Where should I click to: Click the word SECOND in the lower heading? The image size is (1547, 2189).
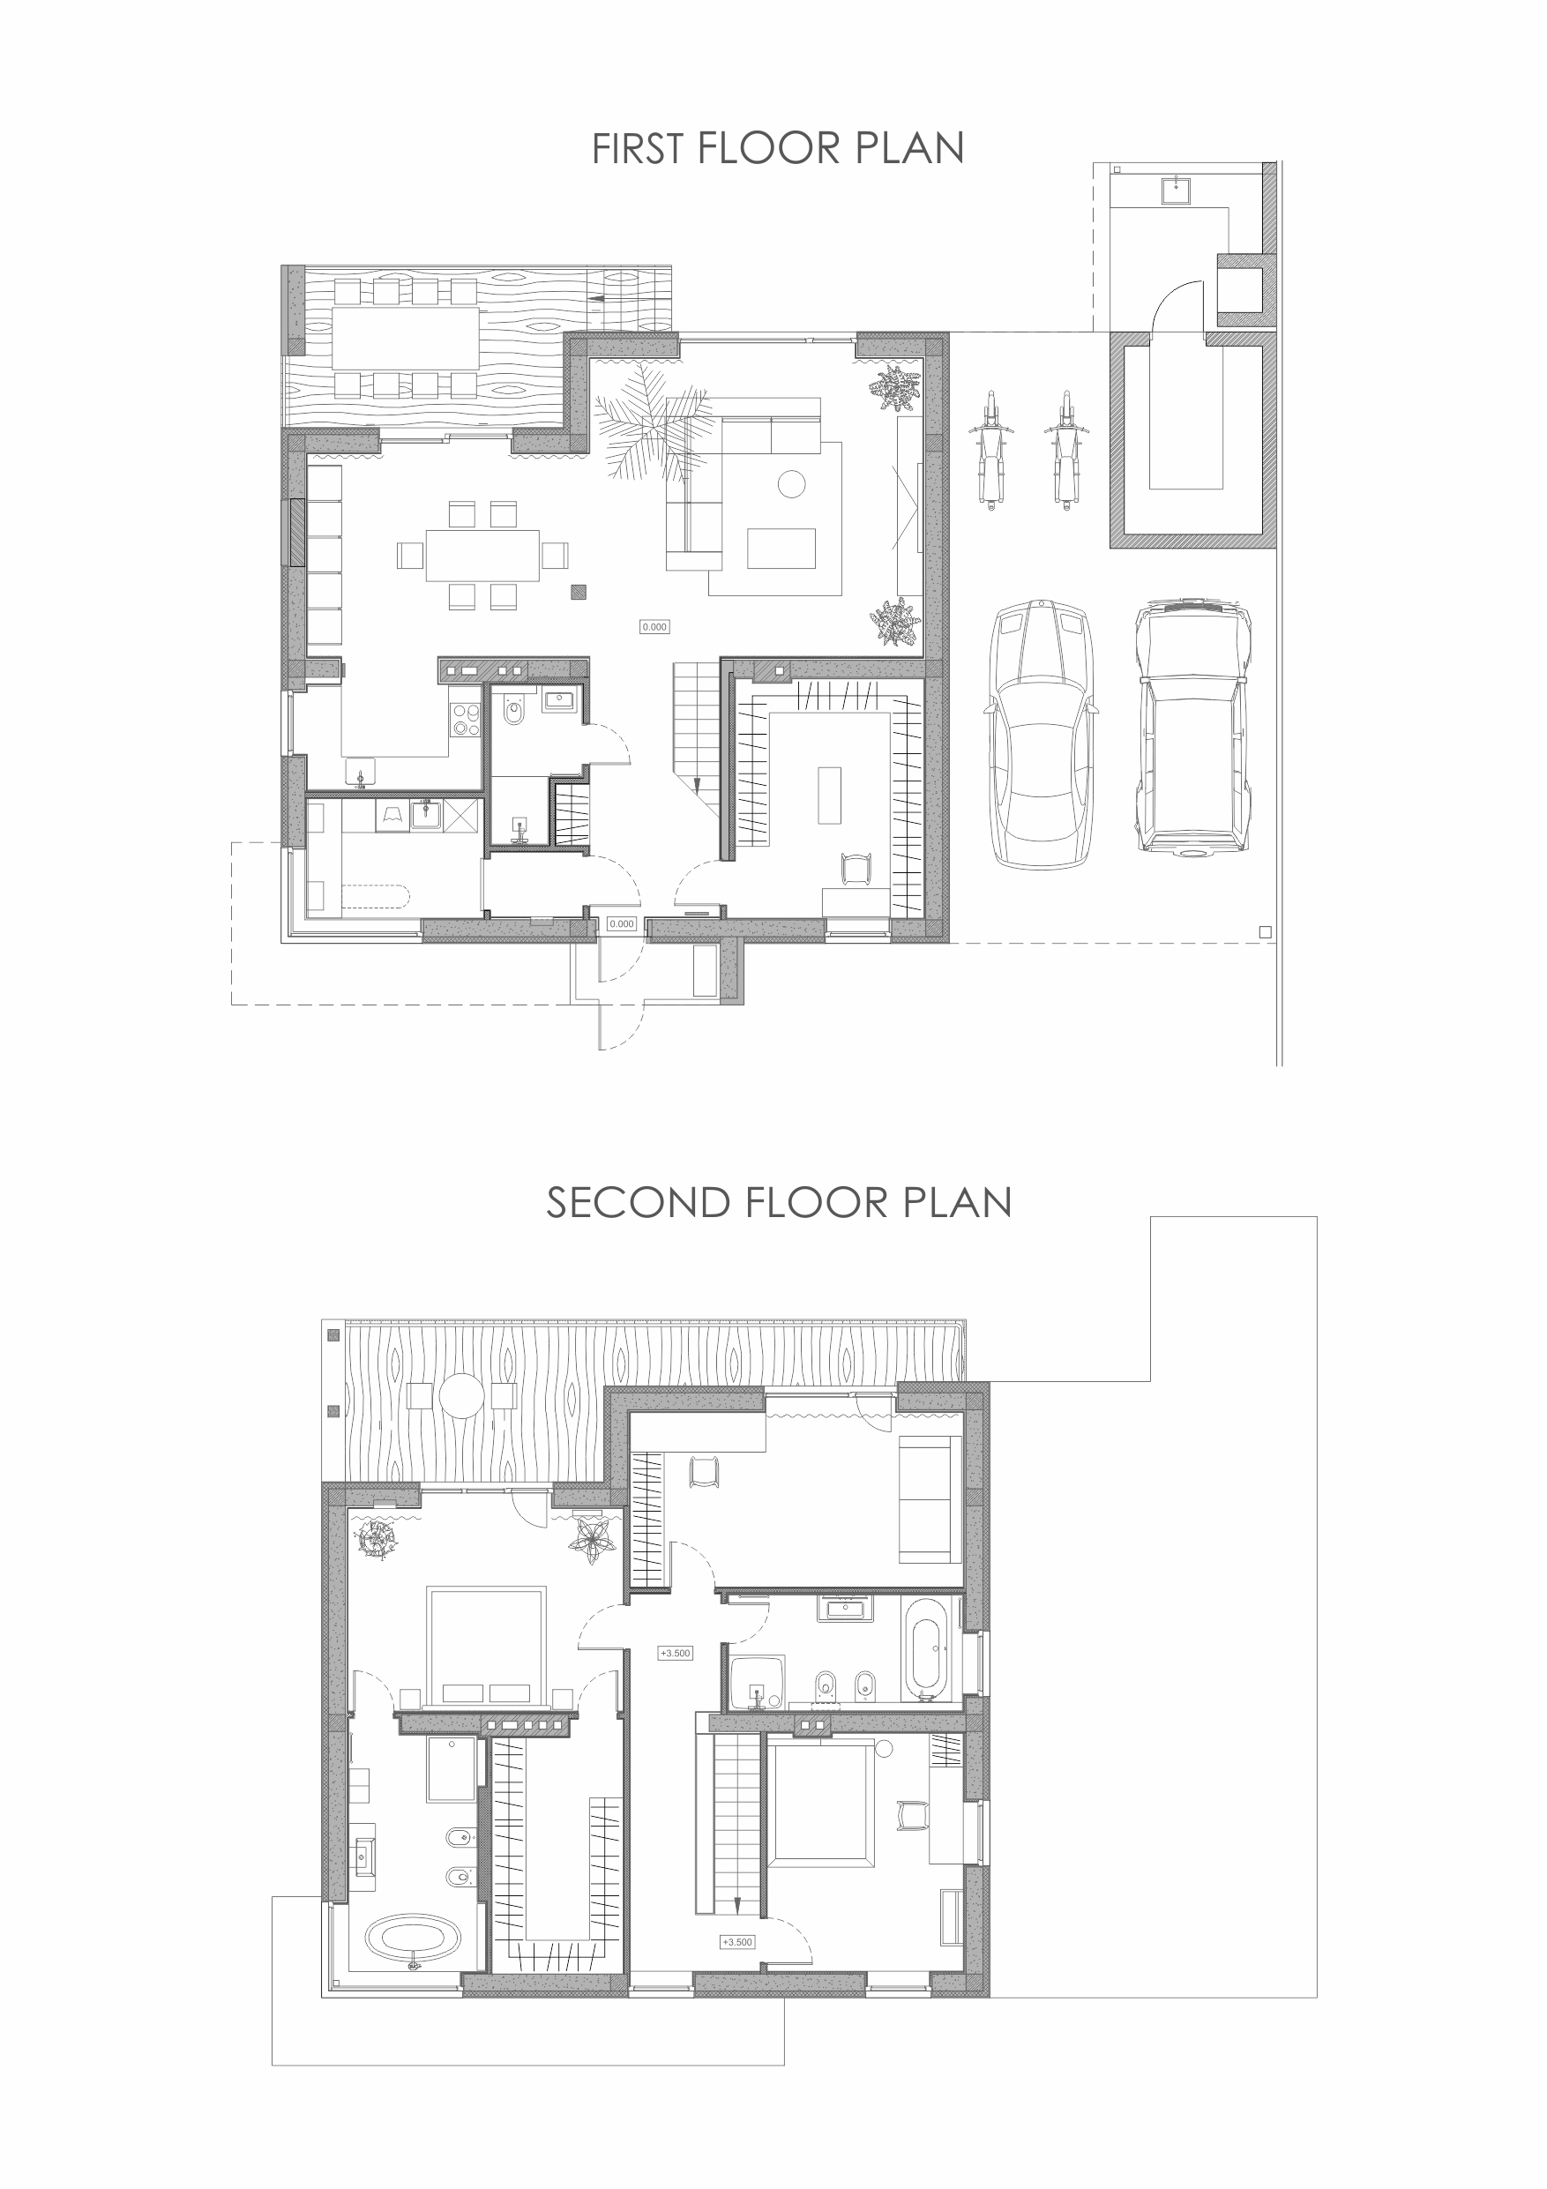tap(638, 1203)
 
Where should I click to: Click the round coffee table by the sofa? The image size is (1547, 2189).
tap(792, 484)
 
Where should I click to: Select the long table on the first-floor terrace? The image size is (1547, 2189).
tap(405, 338)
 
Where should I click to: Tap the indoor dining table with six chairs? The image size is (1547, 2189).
tap(482, 556)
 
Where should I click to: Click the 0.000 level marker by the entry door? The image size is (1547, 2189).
tap(622, 923)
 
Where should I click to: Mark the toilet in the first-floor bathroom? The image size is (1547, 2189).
tap(515, 709)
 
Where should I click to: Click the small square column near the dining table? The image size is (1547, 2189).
tap(579, 592)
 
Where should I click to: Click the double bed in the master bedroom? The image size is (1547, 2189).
tap(487, 1645)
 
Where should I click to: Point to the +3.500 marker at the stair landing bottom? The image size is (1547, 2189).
tap(736, 1942)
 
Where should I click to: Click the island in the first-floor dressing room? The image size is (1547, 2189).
tap(829, 794)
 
